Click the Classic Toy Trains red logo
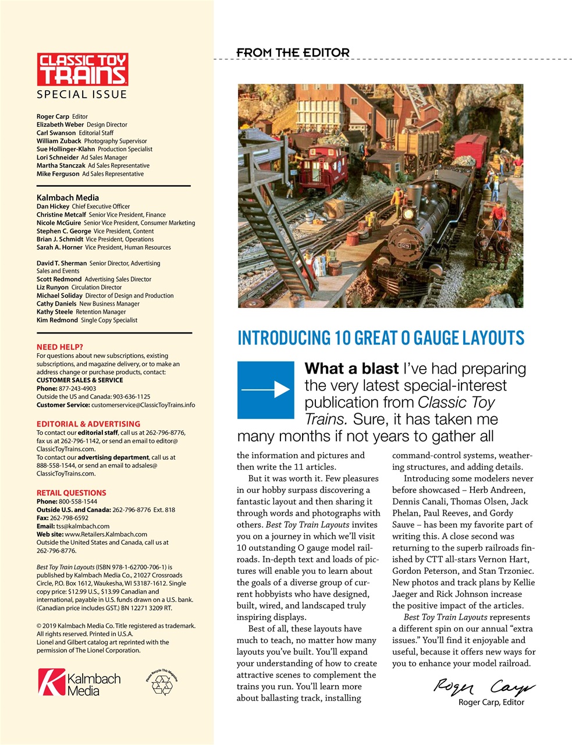click(82, 70)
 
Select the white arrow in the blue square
click(266, 389)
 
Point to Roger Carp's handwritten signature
click(484, 687)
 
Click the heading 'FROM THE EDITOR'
click(293, 53)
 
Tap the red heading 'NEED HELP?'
click(60, 347)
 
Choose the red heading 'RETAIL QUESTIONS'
click(71, 492)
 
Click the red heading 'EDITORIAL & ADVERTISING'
click(88, 424)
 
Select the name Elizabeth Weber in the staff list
click(61, 125)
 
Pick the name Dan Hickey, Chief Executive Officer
click(52, 207)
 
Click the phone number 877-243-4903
click(77, 388)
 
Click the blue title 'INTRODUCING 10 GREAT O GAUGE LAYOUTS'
click(381, 338)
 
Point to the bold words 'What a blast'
click(351, 369)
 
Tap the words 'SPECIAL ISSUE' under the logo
click(81, 94)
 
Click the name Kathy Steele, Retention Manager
click(55, 312)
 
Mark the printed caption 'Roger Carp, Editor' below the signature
click(491, 702)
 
